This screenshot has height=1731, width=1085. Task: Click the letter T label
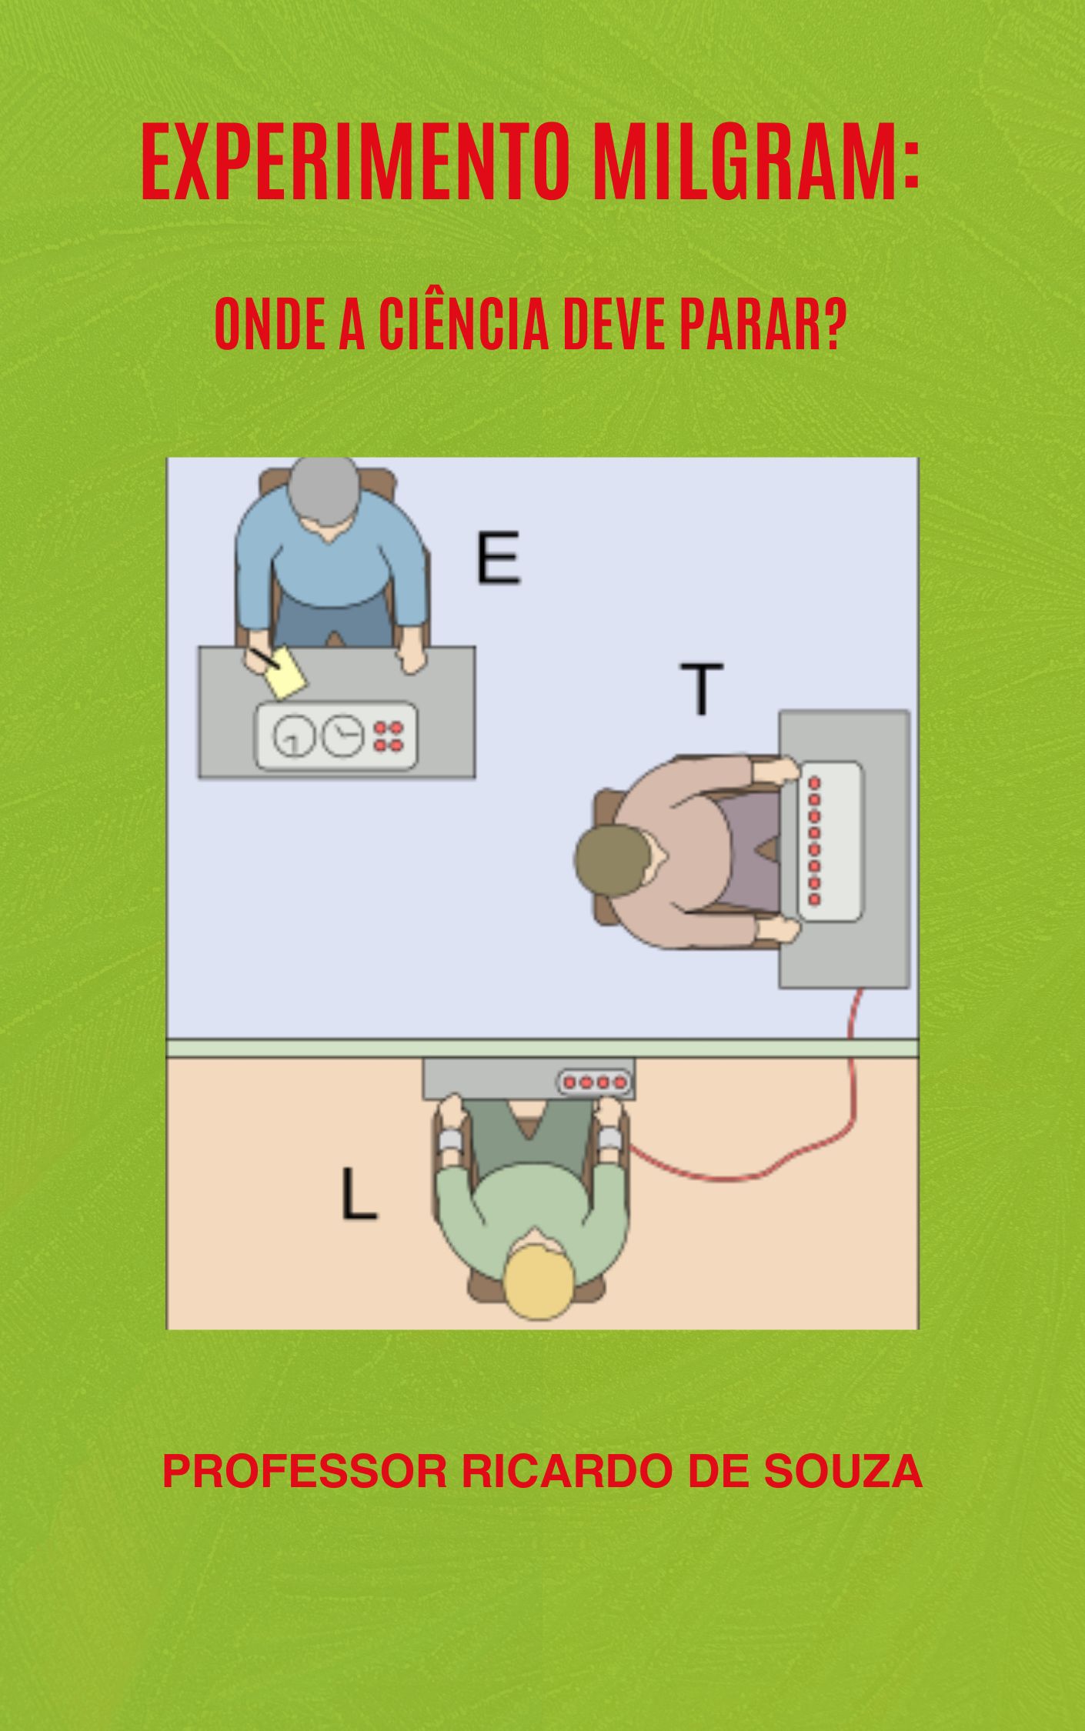pos(701,689)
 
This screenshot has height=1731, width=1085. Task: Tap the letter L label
pos(359,1195)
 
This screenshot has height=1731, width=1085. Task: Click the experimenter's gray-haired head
pos(322,492)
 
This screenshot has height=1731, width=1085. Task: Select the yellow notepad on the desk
pos(285,672)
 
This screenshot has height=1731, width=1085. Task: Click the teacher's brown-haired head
pos(613,860)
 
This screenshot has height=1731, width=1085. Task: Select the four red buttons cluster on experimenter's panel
pos(389,735)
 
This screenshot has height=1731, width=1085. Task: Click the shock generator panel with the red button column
pos(830,840)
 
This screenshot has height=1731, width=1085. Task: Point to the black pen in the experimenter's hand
pos(261,659)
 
